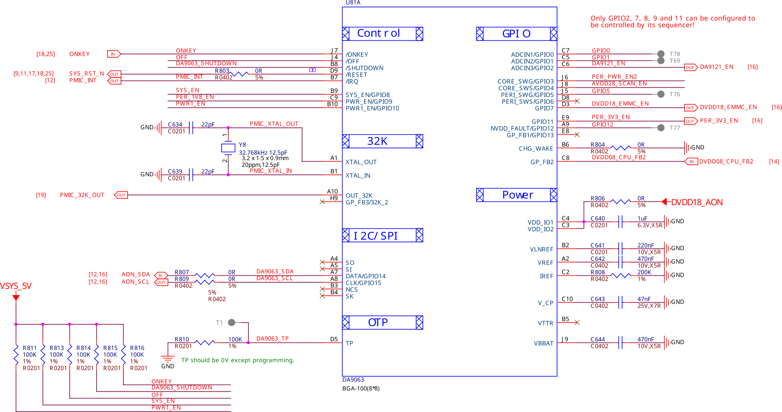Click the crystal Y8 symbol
tap(228, 148)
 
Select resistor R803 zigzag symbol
tap(239, 74)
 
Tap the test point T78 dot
tap(661, 54)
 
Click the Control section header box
tap(383, 34)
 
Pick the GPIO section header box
tap(517, 34)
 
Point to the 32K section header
tap(383, 141)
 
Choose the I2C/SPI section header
tap(383, 235)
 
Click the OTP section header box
tap(383, 322)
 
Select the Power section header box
tap(517, 195)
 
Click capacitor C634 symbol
tap(191, 127)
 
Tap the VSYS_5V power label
tap(16, 286)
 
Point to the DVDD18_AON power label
tap(697, 202)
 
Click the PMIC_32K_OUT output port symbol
tap(121, 195)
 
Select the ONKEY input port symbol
tap(114, 54)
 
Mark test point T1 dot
tap(232, 322)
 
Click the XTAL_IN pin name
tap(358, 176)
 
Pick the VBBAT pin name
tap(543, 343)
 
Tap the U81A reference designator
tap(353, 3)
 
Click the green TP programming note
tap(238, 360)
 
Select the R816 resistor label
tap(137, 348)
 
